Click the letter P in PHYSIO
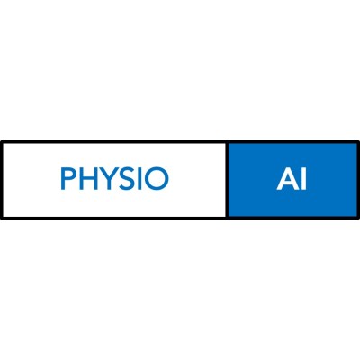[68, 179]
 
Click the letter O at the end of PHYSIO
[157, 179]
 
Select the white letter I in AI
[303, 179]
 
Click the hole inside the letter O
[157, 179]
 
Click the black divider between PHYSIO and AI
[227, 180]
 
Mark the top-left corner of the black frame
[1, 141]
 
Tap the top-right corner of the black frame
[359, 141]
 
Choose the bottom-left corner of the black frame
[1, 219]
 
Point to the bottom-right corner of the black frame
[359, 219]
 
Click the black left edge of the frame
[1, 180]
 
